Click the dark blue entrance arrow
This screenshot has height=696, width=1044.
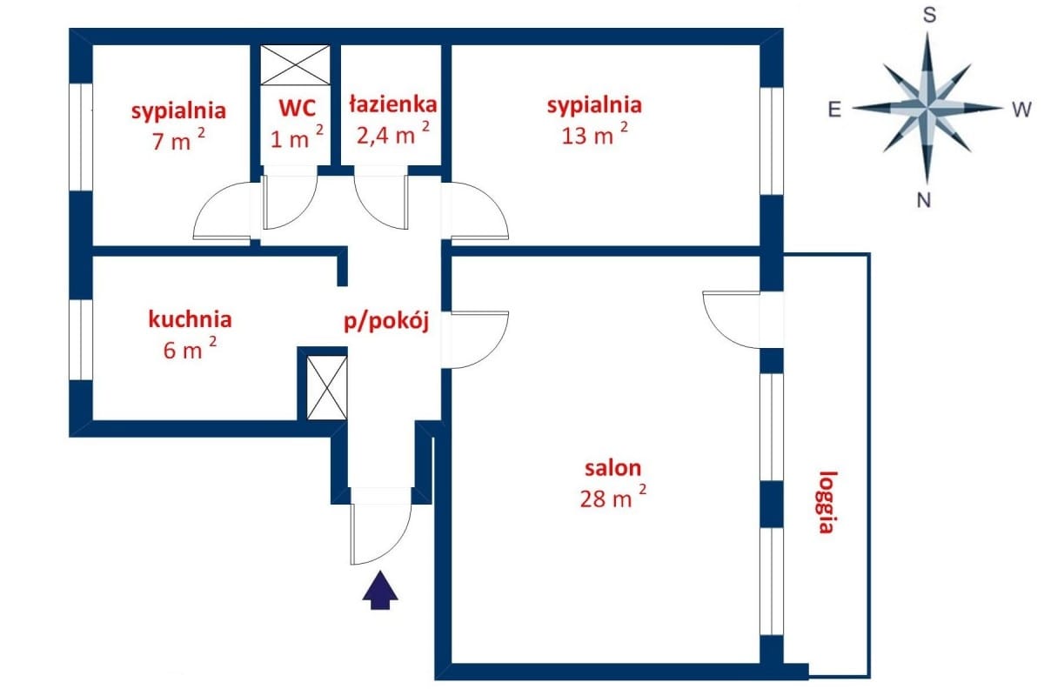point(379,591)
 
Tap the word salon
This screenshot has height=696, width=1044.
point(606,468)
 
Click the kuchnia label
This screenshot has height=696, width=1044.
point(190,318)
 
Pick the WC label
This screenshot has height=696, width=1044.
point(297,109)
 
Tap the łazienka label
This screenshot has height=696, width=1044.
point(391,105)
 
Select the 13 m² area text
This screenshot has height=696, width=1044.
point(594,135)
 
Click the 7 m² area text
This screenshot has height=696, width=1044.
point(178,140)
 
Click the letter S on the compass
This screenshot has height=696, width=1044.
point(928,16)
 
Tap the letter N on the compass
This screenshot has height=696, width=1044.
point(924,201)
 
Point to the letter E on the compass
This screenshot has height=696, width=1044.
point(833,110)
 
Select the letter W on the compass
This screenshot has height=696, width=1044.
point(1021,110)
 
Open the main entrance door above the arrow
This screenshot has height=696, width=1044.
point(380,526)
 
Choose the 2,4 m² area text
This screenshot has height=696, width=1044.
point(391,135)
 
